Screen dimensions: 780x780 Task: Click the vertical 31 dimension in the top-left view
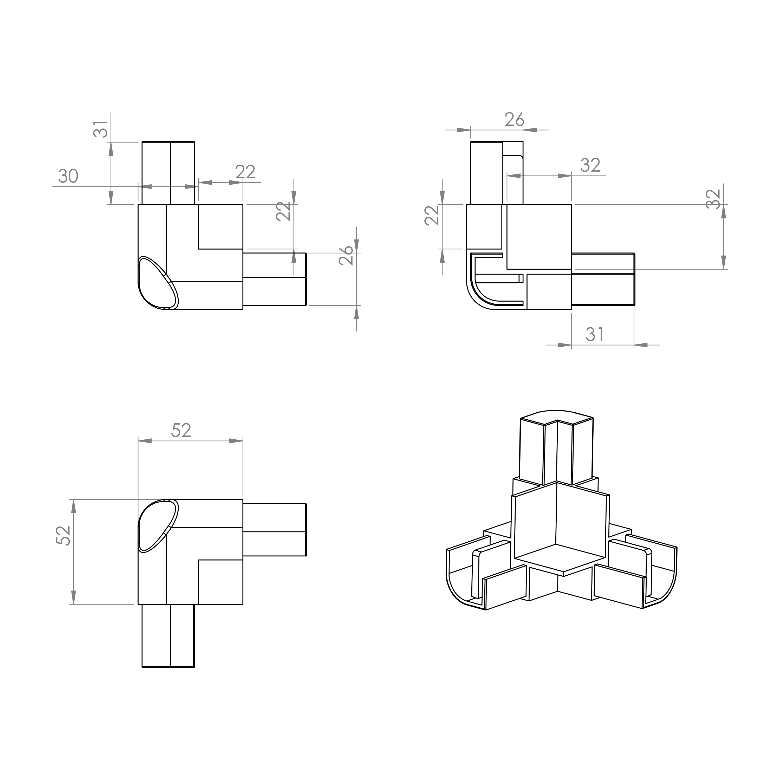pyautogui.click(x=101, y=129)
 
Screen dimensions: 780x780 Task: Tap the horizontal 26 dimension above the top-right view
pyautogui.click(x=514, y=120)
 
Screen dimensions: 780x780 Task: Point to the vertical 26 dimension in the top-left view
pyautogui.click(x=346, y=255)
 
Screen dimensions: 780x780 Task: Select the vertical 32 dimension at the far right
pyautogui.click(x=713, y=199)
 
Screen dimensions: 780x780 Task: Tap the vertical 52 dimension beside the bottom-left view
pyautogui.click(x=63, y=536)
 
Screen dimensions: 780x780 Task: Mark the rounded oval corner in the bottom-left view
pyautogui.click(x=158, y=526)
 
